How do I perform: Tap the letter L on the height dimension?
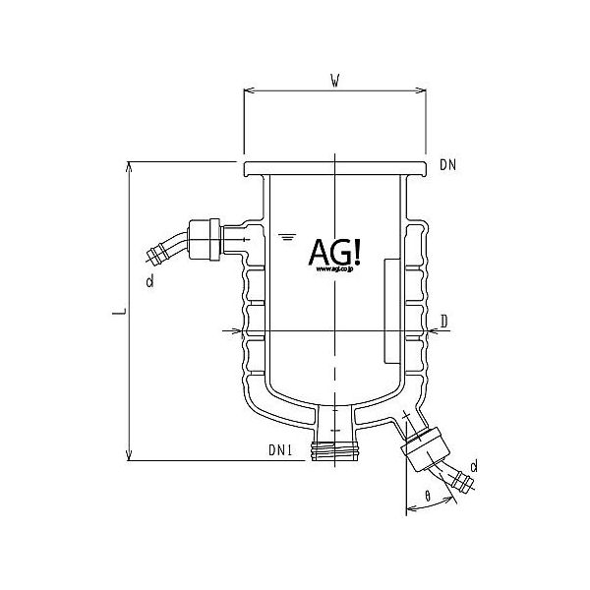tap(117, 313)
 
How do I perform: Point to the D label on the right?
tap(444, 321)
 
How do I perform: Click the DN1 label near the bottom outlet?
tap(282, 449)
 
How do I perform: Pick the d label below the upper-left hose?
tap(148, 282)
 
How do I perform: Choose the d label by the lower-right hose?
tap(474, 463)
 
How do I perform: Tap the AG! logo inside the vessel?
tap(335, 253)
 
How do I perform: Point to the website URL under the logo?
tap(335, 276)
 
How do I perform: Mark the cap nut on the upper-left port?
tap(203, 238)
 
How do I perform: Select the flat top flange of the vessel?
tap(334, 169)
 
